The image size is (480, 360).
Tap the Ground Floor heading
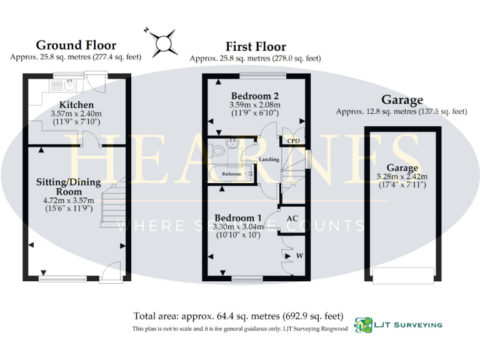76,45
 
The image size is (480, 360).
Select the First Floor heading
255,46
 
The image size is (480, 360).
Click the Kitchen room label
76,104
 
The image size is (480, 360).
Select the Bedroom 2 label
255,95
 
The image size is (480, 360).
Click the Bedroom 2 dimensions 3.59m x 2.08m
255,104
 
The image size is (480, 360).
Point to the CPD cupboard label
292,141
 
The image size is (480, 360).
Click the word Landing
269,159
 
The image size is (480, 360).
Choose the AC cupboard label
292,219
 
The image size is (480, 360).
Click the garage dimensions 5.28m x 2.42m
401,177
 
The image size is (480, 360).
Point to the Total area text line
238,316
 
